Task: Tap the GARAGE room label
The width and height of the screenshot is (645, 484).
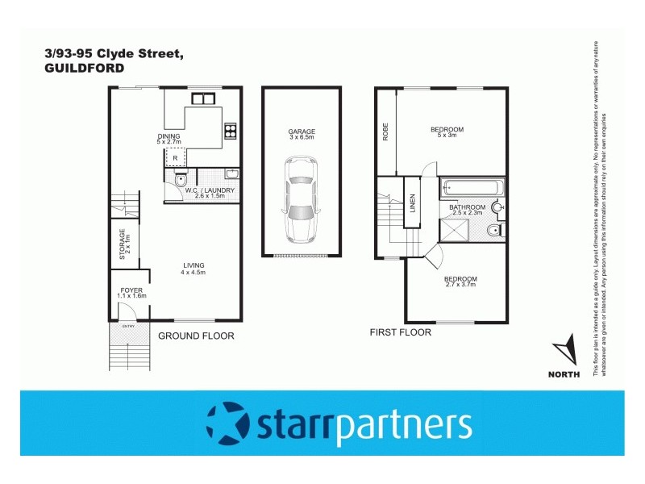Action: click(x=302, y=131)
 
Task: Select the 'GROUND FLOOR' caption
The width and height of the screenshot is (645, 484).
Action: click(x=196, y=336)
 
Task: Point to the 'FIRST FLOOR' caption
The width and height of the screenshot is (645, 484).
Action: click(x=400, y=332)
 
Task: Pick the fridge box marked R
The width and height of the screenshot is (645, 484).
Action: click(x=175, y=157)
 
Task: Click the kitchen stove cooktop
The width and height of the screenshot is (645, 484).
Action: click(x=231, y=130)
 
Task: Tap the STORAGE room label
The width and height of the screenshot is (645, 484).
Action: click(x=123, y=244)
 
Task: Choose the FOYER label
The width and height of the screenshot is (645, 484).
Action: click(x=131, y=290)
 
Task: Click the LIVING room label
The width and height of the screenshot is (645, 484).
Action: click(x=193, y=265)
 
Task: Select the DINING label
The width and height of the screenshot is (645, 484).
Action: click(x=169, y=136)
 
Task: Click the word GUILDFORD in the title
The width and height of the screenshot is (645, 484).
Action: click(x=85, y=69)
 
